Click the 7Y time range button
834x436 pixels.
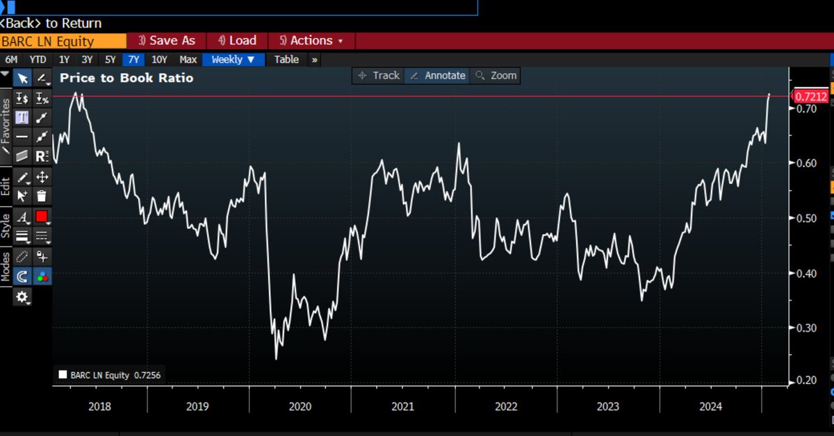tap(133, 60)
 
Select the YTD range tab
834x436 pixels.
tap(38, 60)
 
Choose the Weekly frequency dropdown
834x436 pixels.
tap(234, 60)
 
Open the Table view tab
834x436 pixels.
tap(286, 60)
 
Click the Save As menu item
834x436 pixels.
tap(167, 41)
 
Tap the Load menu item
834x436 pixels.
tap(237, 41)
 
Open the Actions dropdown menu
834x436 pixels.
tap(311, 41)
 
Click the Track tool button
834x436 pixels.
tap(379, 76)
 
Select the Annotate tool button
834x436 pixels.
tap(437, 76)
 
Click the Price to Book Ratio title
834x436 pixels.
tap(126, 78)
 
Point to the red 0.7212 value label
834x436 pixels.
tap(810, 97)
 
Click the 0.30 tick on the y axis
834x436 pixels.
tap(806, 328)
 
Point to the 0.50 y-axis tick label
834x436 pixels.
tap(806, 219)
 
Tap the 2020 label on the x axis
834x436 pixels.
tap(300, 407)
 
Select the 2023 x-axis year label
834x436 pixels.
tap(608, 407)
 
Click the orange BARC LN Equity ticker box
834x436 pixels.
tap(63, 41)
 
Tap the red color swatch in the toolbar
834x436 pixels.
tap(42, 217)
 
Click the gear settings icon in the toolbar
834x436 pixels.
tap(23, 297)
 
